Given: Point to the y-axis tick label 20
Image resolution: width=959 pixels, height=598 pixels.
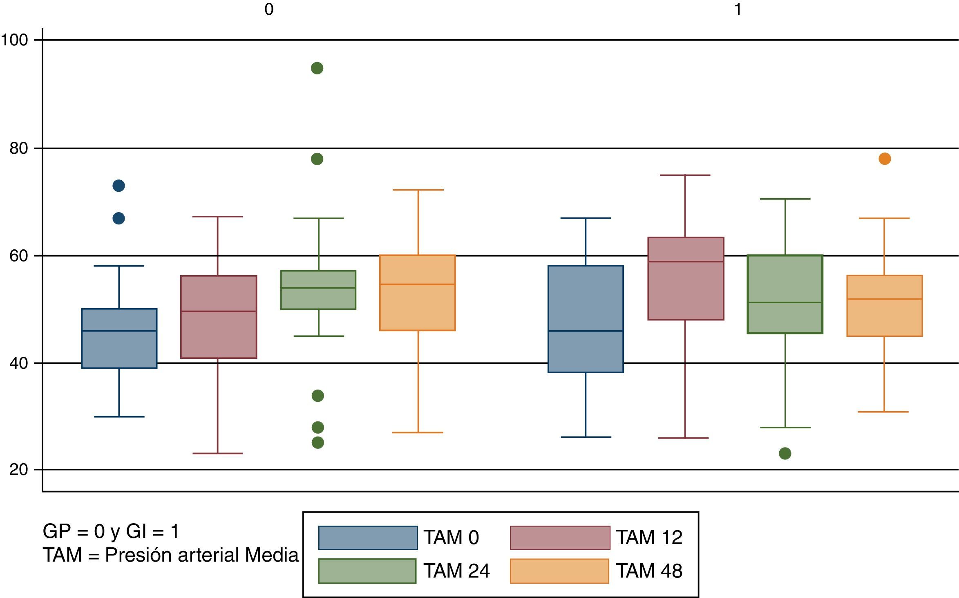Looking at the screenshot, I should pos(19,470).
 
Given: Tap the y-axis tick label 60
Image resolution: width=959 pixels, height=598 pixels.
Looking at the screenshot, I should pos(19,256).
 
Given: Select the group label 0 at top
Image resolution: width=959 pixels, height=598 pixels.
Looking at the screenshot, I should pos(269,9).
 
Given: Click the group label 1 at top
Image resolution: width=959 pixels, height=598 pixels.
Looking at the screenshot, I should pos(738,9).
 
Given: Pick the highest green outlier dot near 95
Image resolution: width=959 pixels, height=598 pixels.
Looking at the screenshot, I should pos(317,68).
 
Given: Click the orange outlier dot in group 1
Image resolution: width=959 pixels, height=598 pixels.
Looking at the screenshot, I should pos(885,159).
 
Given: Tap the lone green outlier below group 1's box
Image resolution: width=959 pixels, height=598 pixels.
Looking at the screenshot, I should pos(785,453).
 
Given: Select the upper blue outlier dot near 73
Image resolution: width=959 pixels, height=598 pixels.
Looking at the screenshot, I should pos(118,186).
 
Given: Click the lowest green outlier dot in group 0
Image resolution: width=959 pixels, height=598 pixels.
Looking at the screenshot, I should pos(317,443).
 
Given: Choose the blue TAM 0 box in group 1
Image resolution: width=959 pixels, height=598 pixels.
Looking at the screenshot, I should pos(586,319).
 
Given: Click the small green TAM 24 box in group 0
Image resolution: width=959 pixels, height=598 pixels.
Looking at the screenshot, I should pos(318,290).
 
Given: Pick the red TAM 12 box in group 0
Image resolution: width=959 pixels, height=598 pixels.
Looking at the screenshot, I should pos(219,317).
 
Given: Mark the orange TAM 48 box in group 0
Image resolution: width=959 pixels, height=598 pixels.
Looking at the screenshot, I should pos(418,293).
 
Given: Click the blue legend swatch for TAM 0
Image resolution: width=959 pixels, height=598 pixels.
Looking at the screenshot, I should pos(368,538).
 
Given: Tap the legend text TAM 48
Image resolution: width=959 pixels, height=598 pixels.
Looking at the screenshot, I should pos(649,571).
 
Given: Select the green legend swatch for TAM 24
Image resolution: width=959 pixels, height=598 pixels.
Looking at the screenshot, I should pos(367,571).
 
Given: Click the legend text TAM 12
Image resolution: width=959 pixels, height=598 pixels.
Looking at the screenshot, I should pos(649,538).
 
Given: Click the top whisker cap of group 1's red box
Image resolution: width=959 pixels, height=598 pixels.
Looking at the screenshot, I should pos(685,175).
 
